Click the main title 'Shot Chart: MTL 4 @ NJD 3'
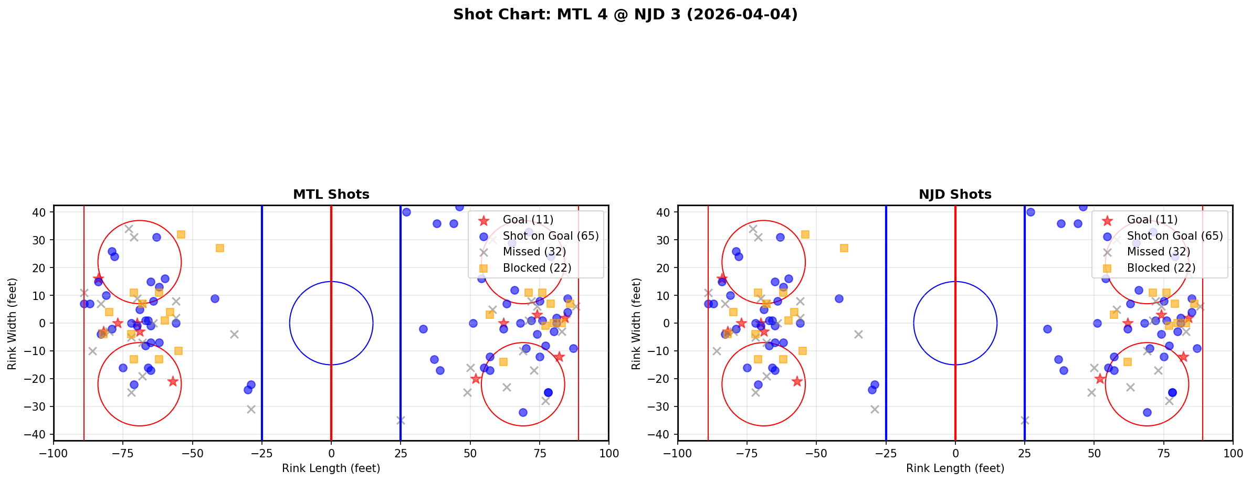point(625,14)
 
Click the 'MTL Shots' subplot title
point(331,195)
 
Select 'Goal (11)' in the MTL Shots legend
point(528,220)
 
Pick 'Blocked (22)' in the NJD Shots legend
point(1161,268)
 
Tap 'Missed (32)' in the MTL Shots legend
point(534,252)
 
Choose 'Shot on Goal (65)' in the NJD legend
point(1174,236)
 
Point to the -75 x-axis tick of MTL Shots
point(123,453)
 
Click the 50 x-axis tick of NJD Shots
point(1094,453)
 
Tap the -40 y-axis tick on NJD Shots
point(660,434)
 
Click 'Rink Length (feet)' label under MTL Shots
point(331,468)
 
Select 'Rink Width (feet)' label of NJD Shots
point(636,324)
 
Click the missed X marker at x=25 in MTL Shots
point(401,420)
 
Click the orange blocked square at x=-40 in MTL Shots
point(220,248)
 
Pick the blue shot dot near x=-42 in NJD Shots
point(839,298)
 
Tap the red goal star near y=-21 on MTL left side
point(173,381)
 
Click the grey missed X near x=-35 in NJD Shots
point(858,334)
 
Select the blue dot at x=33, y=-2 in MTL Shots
point(423,329)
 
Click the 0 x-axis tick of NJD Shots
point(955,453)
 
